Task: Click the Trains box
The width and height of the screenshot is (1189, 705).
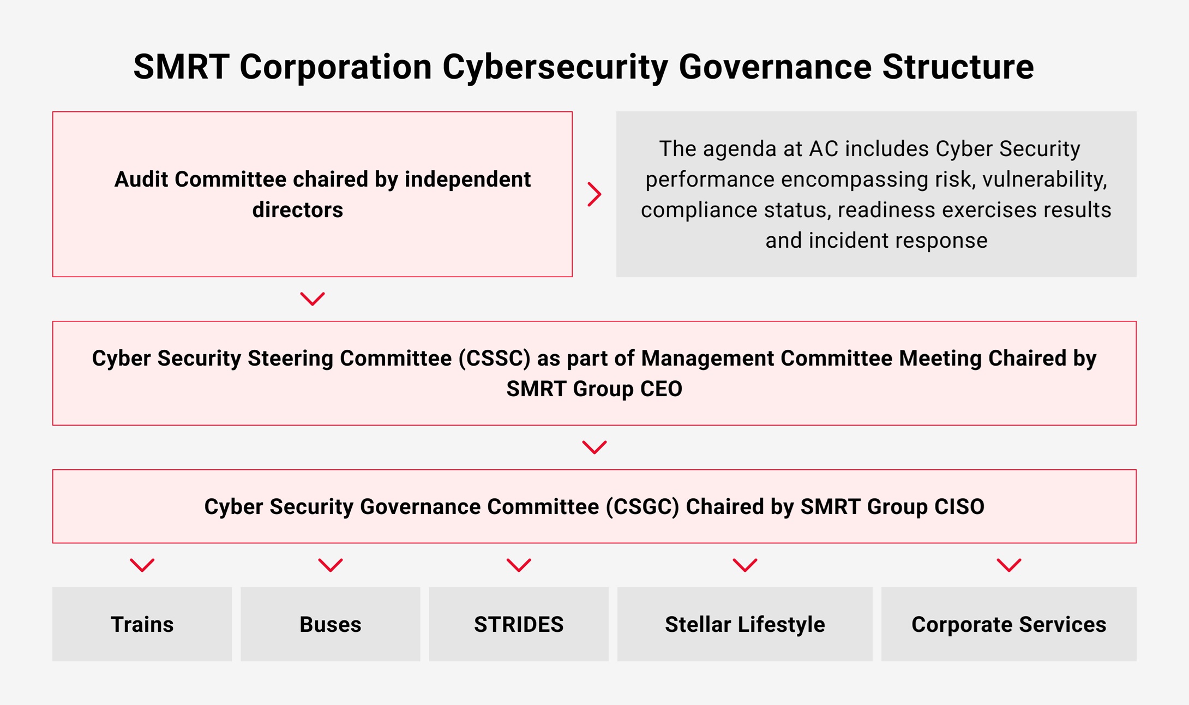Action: point(142,624)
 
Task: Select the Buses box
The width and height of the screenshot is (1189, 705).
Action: point(331,624)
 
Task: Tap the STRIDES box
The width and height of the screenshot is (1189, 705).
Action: point(519,624)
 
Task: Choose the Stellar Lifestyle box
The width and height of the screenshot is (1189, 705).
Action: point(745,624)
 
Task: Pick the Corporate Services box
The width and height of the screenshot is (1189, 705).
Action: point(1009,624)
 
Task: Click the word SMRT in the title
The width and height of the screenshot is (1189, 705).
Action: point(181,67)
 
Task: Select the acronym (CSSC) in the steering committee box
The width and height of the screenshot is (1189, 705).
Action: point(495,359)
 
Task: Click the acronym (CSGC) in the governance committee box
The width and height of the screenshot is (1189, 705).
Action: point(642,507)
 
